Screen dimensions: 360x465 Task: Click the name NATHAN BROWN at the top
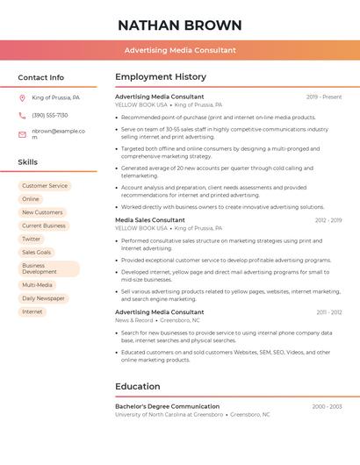[180, 25]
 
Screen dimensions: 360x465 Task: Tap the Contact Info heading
[40, 77]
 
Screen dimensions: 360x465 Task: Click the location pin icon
[22, 98]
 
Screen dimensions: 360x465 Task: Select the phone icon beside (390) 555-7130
[22, 116]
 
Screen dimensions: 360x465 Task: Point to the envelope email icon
[22, 134]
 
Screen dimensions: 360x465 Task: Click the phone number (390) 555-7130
[50, 116]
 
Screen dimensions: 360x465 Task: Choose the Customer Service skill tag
[45, 186]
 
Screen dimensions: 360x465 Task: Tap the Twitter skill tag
[32, 239]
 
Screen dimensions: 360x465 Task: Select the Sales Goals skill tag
[37, 252]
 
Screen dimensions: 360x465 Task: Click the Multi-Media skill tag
[38, 285]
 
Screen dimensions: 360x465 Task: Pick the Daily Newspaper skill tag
[44, 298]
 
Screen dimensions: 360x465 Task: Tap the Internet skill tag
[32, 311]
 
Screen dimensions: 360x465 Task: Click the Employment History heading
[161, 77]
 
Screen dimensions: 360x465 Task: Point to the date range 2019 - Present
[324, 97]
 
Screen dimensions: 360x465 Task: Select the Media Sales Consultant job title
[150, 220]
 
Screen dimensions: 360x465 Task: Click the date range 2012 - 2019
[328, 220]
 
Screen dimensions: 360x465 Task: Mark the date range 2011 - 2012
[329, 312]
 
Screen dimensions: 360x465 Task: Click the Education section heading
[138, 386]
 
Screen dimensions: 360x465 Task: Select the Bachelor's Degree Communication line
[168, 406]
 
